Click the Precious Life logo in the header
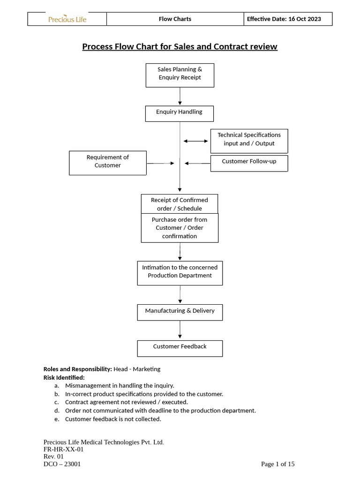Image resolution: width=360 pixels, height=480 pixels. (x=67, y=19)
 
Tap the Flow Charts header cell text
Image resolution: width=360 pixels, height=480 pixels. (x=175, y=19)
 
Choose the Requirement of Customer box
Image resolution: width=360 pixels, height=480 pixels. (x=108, y=163)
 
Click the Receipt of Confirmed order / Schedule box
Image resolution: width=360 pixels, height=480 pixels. (x=180, y=204)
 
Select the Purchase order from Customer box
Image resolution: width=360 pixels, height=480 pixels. (x=180, y=228)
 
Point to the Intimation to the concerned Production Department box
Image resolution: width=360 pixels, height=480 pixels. (x=180, y=273)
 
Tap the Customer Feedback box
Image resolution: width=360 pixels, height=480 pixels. (x=180, y=348)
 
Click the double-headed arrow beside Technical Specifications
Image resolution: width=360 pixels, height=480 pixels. (x=195, y=141)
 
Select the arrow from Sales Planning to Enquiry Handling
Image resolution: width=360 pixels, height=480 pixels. (x=180, y=96)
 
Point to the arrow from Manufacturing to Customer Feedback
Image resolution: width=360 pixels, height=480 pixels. (x=180, y=330)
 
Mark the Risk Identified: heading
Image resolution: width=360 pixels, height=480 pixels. (x=64, y=377)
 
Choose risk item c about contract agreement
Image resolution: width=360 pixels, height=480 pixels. (x=126, y=402)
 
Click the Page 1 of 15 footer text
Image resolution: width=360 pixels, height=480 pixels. (x=277, y=464)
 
